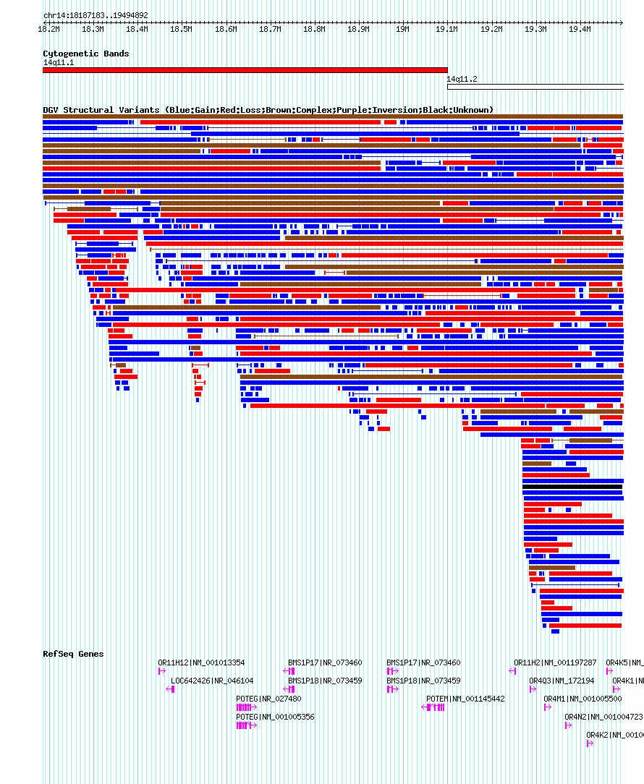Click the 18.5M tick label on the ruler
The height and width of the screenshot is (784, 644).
181,30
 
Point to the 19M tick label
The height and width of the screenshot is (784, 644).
402,30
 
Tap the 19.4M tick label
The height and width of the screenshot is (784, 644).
580,30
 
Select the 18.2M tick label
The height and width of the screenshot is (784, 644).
48,30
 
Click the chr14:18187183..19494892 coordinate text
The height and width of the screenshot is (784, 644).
96,15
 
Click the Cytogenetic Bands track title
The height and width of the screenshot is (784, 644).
85,54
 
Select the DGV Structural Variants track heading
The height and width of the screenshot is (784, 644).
268,110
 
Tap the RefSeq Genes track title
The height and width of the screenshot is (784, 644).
73,654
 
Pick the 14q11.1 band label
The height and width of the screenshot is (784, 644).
59,62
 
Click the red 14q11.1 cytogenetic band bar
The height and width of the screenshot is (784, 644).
245,70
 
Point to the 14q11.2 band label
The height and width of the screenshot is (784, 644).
462,79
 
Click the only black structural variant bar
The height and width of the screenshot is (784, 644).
572,487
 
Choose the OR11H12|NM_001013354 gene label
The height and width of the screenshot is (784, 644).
201,662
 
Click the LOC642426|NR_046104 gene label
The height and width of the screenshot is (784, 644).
212,681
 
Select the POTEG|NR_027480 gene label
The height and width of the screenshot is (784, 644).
268,699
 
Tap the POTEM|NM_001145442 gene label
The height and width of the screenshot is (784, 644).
465,699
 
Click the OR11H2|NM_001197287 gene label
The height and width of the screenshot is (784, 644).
555,662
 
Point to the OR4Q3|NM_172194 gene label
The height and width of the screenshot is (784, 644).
562,681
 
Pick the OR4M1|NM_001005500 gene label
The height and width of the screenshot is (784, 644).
582,699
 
